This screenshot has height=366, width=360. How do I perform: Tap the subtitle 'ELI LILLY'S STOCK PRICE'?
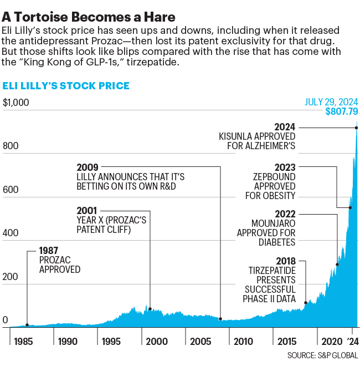pos(66,85)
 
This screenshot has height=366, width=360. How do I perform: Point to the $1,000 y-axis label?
pos(15,103)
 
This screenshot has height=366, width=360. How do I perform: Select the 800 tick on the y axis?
pos(10,146)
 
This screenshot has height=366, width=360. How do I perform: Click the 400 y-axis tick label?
pos(10,233)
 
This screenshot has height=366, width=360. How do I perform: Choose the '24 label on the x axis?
pos(352,341)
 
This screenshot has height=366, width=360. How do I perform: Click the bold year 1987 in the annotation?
pos(49,250)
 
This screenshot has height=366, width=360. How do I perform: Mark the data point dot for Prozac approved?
pos(27,325)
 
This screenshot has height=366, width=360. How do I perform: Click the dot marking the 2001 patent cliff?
pos(150,309)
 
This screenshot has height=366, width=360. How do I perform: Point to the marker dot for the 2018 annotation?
pos(306,303)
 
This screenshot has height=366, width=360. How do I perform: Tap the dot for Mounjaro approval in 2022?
pos(337,265)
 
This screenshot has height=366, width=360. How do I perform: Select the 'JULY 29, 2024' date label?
pos(331,102)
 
